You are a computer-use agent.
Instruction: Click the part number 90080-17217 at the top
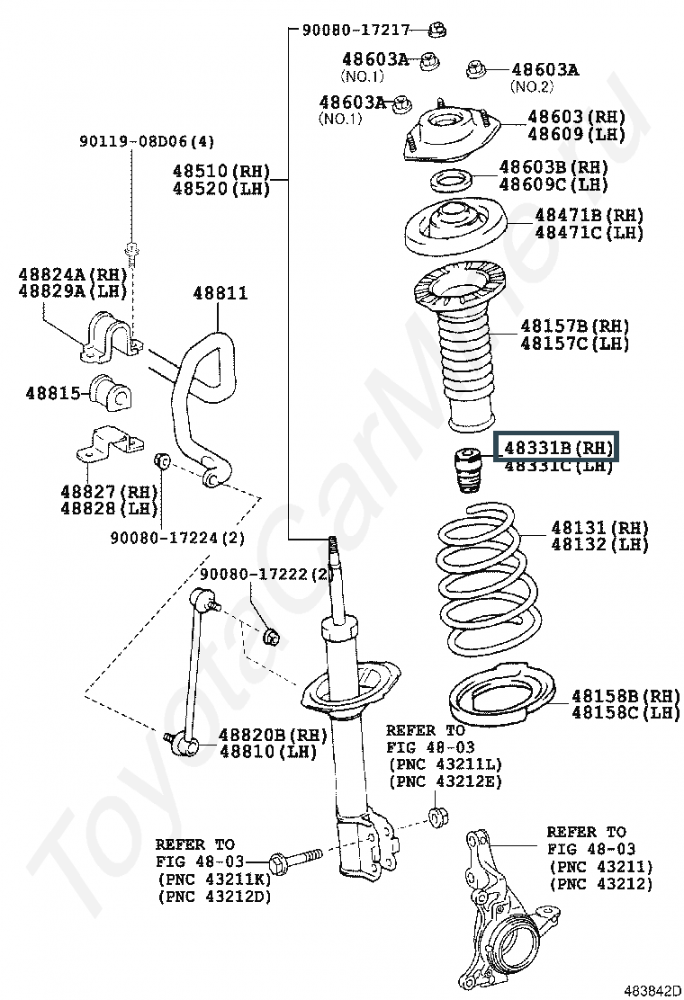pyautogui.click(x=356, y=30)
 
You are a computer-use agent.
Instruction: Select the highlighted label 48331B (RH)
pyautogui.click(x=558, y=447)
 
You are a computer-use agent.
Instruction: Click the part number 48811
pyautogui.click(x=220, y=293)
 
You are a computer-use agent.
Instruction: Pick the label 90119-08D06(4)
pyautogui.click(x=147, y=141)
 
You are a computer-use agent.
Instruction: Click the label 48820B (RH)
pyautogui.click(x=259, y=732)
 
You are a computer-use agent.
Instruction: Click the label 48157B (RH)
pyautogui.click(x=574, y=326)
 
